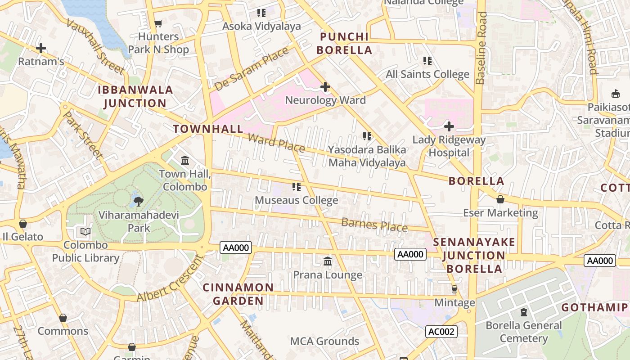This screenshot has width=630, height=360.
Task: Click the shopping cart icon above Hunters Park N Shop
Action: tap(158, 23)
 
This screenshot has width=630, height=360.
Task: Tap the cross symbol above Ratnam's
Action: tap(41, 48)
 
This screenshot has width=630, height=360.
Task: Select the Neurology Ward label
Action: tap(325, 100)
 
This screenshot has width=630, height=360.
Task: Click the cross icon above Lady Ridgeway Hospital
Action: tap(449, 126)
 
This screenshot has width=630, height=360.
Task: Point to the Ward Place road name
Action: tap(276, 143)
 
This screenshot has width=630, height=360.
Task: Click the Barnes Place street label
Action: tap(374, 225)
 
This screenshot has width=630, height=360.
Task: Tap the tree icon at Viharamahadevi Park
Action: tap(139, 201)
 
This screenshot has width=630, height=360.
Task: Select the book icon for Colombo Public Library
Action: tap(85, 232)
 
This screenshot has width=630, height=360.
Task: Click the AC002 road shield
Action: tap(441, 332)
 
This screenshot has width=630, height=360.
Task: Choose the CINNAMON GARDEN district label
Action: tap(238, 294)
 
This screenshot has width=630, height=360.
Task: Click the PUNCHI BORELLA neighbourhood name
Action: tap(344, 44)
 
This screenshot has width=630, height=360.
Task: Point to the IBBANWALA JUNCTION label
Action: tap(135, 96)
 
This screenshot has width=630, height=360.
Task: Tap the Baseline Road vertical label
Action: tap(481, 48)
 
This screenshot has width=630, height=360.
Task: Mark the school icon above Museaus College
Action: tap(296, 186)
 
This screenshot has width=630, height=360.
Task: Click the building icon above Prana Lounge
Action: tap(328, 261)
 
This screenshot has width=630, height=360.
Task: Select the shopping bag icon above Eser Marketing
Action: tap(500, 199)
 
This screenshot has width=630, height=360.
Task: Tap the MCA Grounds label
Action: tap(324, 341)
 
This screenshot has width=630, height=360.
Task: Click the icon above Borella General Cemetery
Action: tap(524, 312)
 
